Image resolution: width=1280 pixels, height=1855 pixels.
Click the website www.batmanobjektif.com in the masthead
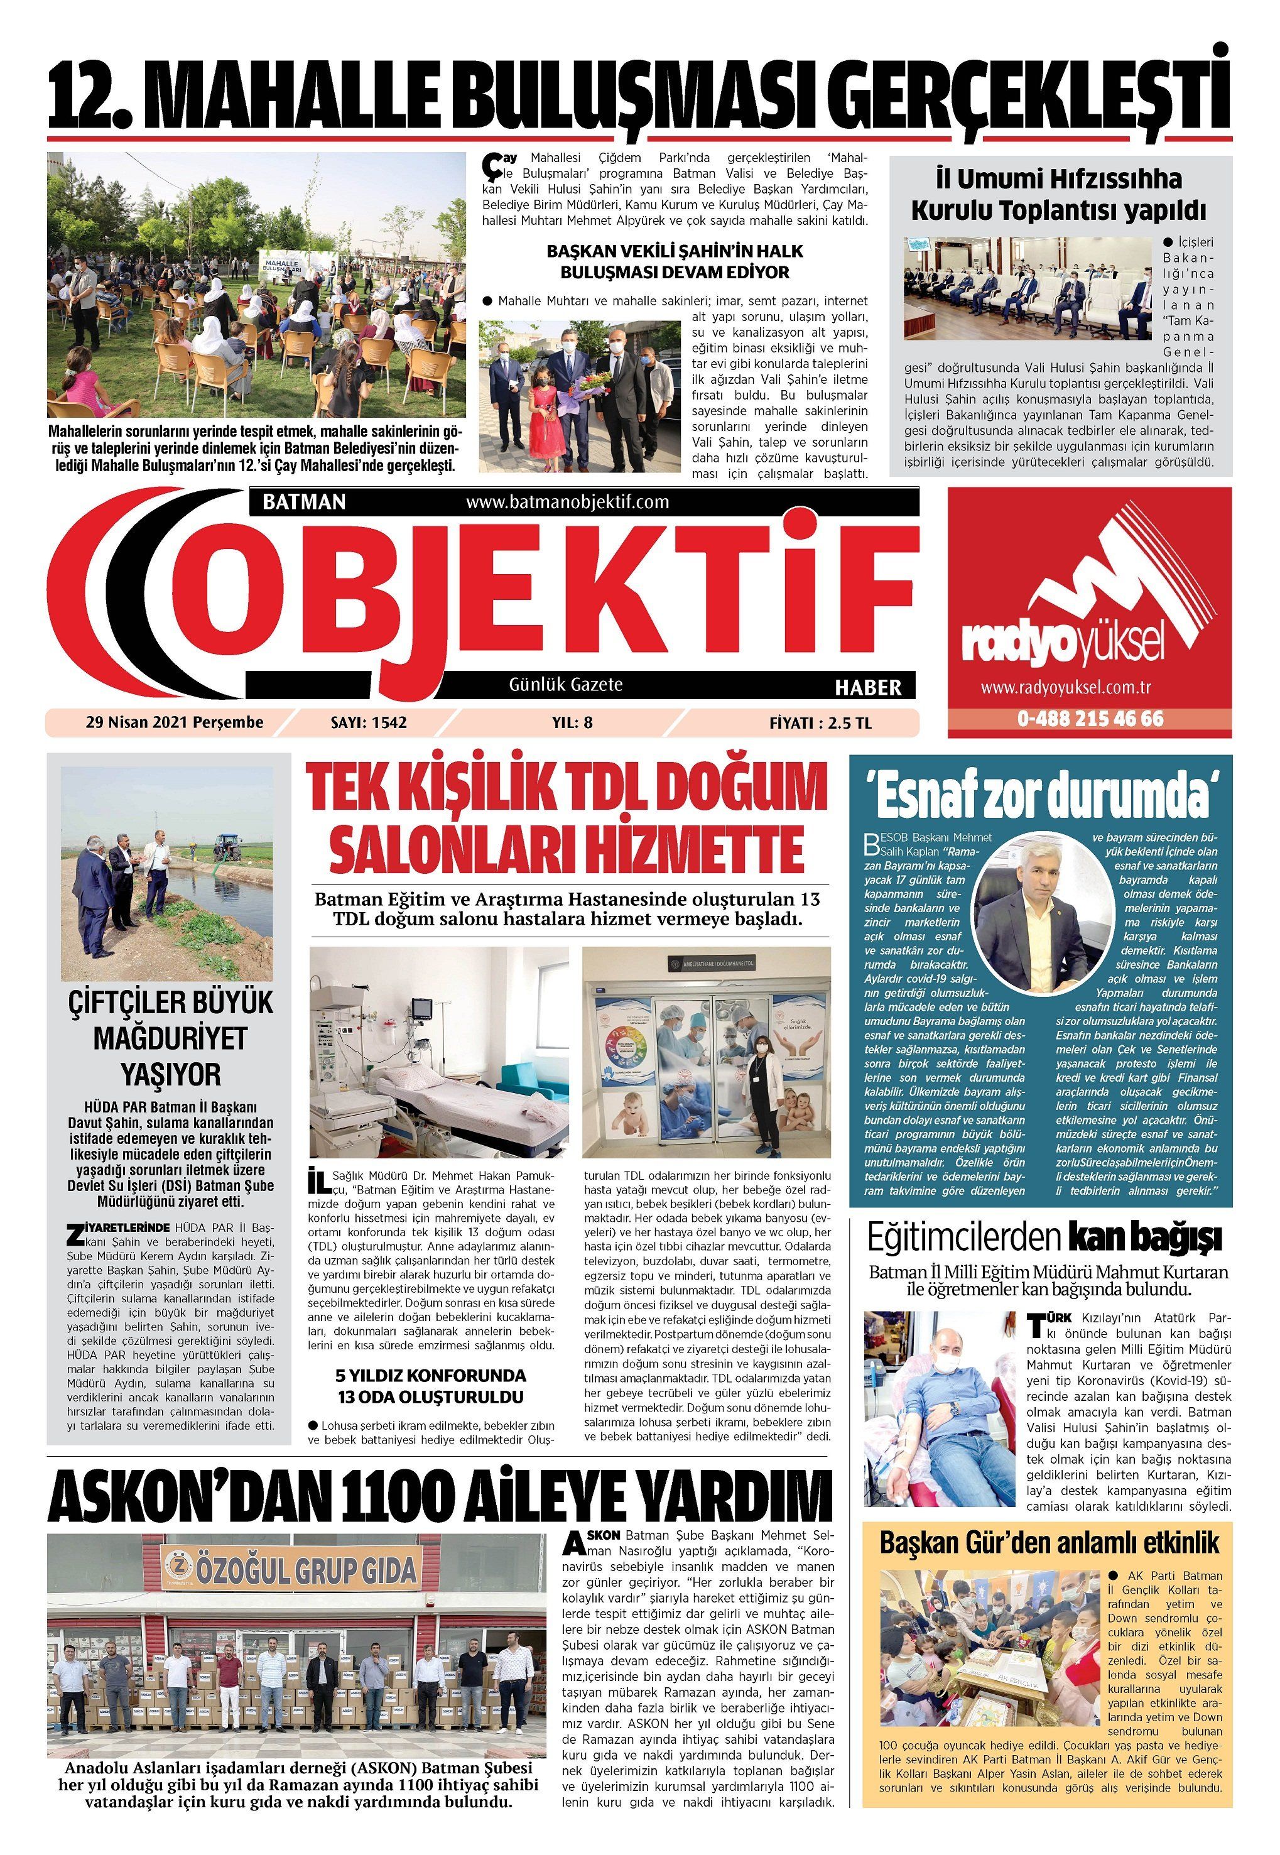567,502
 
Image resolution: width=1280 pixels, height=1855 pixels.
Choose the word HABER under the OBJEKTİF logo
868,687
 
